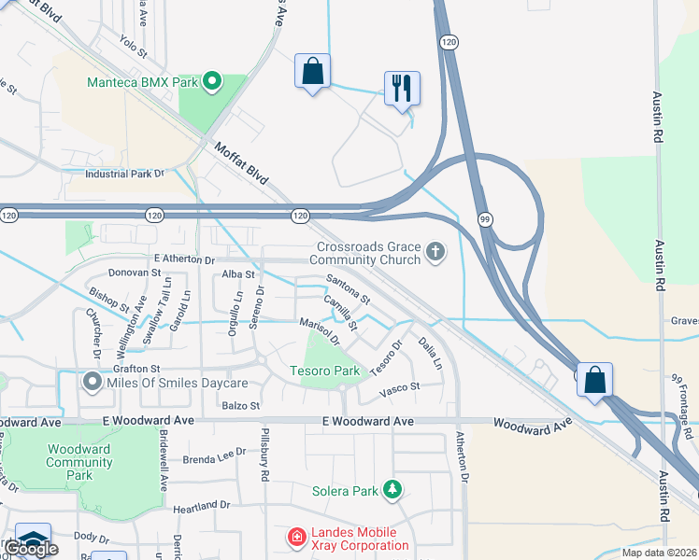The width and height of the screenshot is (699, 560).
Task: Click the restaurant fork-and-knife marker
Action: [x=402, y=89]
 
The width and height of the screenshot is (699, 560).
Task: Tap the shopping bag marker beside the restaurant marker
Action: [x=312, y=71]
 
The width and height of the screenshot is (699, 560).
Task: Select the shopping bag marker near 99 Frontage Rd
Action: [x=594, y=380]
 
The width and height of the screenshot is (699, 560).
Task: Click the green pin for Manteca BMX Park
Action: [x=212, y=82]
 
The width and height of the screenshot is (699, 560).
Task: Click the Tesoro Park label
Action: [x=325, y=371]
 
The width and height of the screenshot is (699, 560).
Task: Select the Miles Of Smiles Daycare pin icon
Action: [x=92, y=383]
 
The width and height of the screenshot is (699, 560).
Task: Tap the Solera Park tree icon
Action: [x=393, y=490]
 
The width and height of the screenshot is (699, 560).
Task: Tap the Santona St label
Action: [x=349, y=288]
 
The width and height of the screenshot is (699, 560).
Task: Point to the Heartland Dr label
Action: [x=200, y=505]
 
